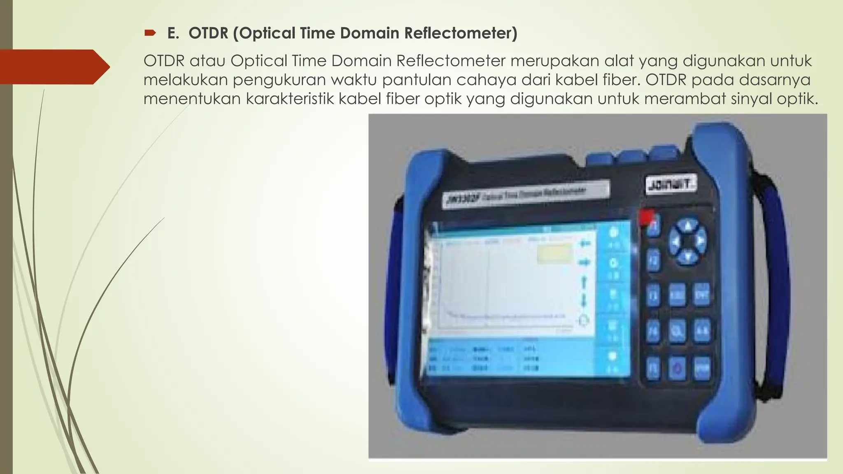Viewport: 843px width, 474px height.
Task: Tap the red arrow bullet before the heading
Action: (x=150, y=33)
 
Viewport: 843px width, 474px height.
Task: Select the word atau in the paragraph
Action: (x=207, y=61)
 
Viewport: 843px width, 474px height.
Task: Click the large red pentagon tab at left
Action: (x=54, y=67)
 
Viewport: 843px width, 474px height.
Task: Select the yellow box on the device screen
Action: (x=554, y=253)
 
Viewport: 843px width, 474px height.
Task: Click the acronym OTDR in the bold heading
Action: (x=208, y=33)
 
